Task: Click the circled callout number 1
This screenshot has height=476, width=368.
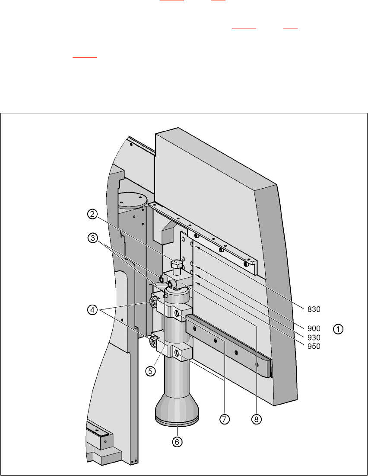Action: click(338, 329)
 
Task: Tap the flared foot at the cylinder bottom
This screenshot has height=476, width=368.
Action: click(177, 405)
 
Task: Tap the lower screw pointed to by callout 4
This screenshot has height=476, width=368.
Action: click(153, 342)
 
